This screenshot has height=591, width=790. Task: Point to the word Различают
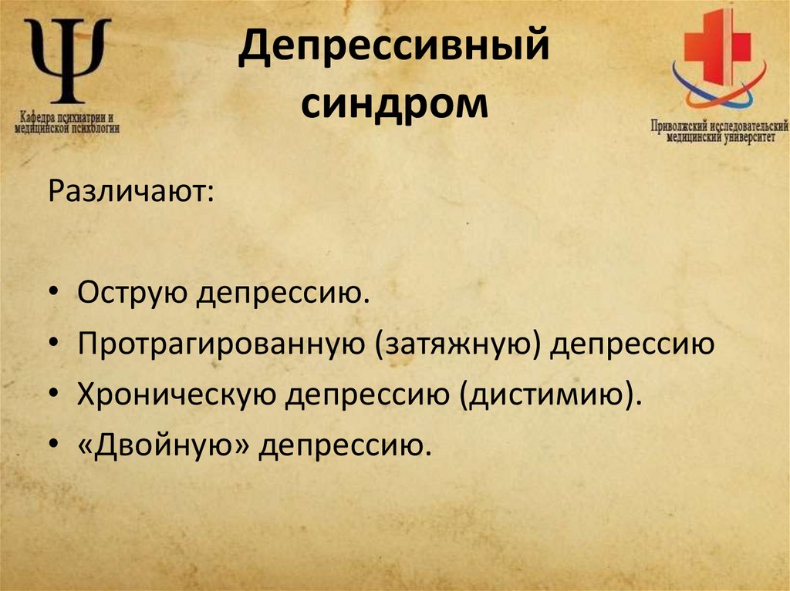[x=132, y=190]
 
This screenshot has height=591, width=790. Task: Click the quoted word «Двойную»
[x=164, y=445]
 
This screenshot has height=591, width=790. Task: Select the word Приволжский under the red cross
[x=678, y=123]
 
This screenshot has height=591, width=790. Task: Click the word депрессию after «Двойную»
[x=342, y=445]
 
